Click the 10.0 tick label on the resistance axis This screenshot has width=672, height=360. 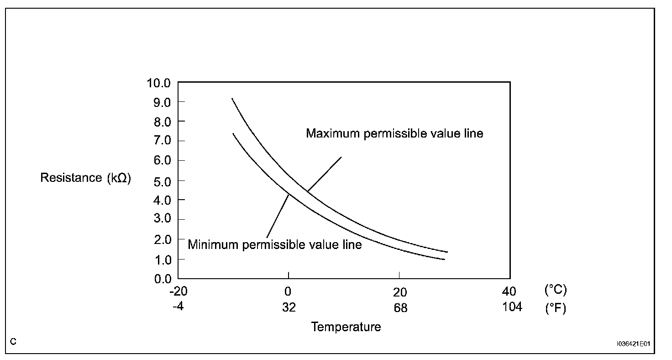click(x=158, y=83)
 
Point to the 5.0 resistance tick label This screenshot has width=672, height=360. click(x=162, y=182)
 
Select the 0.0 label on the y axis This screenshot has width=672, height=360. click(x=163, y=279)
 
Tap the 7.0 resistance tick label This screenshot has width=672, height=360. click(x=162, y=140)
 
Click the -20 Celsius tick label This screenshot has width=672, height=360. click(x=178, y=291)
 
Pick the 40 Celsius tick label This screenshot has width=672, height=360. click(x=509, y=291)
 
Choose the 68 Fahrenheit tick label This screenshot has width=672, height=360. click(x=400, y=308)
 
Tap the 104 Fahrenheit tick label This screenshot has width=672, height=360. click(x=512, y=307)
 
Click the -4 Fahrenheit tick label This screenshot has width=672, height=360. click(x=178, y=307)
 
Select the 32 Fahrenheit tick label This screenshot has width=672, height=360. click(x=289, y=307)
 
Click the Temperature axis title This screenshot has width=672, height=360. click(x=346, y=327)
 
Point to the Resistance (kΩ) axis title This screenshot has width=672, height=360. click(x=86, y=178)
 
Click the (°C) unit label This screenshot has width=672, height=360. click(x=556, y=290)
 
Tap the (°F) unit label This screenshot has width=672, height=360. click(x=556, y=308)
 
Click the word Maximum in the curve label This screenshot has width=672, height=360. click(x=333, y=133)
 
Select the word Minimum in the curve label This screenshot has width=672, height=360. click(x=213, y=245)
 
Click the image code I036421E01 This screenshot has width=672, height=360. click(x=633, y=344)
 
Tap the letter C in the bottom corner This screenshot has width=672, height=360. click(x=13, y=341)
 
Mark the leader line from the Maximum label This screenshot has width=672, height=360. click(x=324, y=174)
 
